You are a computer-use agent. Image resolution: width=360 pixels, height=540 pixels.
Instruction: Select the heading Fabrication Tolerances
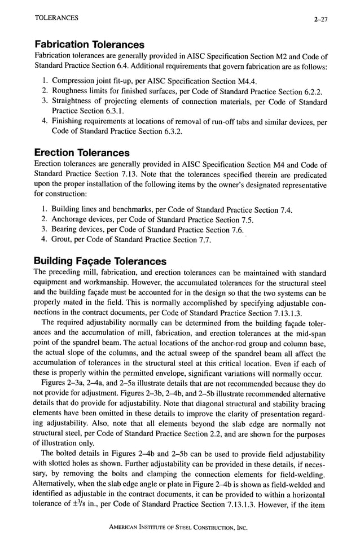(x=89, y=45)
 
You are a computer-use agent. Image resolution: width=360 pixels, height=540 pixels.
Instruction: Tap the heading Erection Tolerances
(x=82, y=153)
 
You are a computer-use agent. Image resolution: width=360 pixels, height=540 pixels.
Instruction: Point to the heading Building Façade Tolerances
(x=100, y=261)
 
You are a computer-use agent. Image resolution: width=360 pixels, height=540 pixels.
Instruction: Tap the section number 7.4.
(x=285, y=210)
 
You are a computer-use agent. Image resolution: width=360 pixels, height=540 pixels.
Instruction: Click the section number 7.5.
(x=246, y=219)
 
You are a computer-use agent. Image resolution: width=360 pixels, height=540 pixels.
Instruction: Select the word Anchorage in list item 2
(x=71, y=219)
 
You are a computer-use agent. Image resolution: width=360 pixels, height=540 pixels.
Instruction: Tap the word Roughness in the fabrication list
(x=72, y=91)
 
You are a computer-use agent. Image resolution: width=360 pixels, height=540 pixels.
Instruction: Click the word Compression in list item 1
(x=76, y=81)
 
